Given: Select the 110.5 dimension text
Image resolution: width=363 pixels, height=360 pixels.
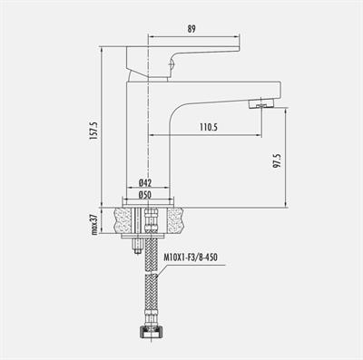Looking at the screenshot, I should pyautogui.click(x=207, y=127).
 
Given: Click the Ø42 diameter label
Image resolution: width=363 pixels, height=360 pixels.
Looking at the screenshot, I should pyautogui.click(x=145, y=181).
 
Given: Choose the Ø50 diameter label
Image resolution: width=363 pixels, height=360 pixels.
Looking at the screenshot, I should pyautogui.click(x=145, y=194).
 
